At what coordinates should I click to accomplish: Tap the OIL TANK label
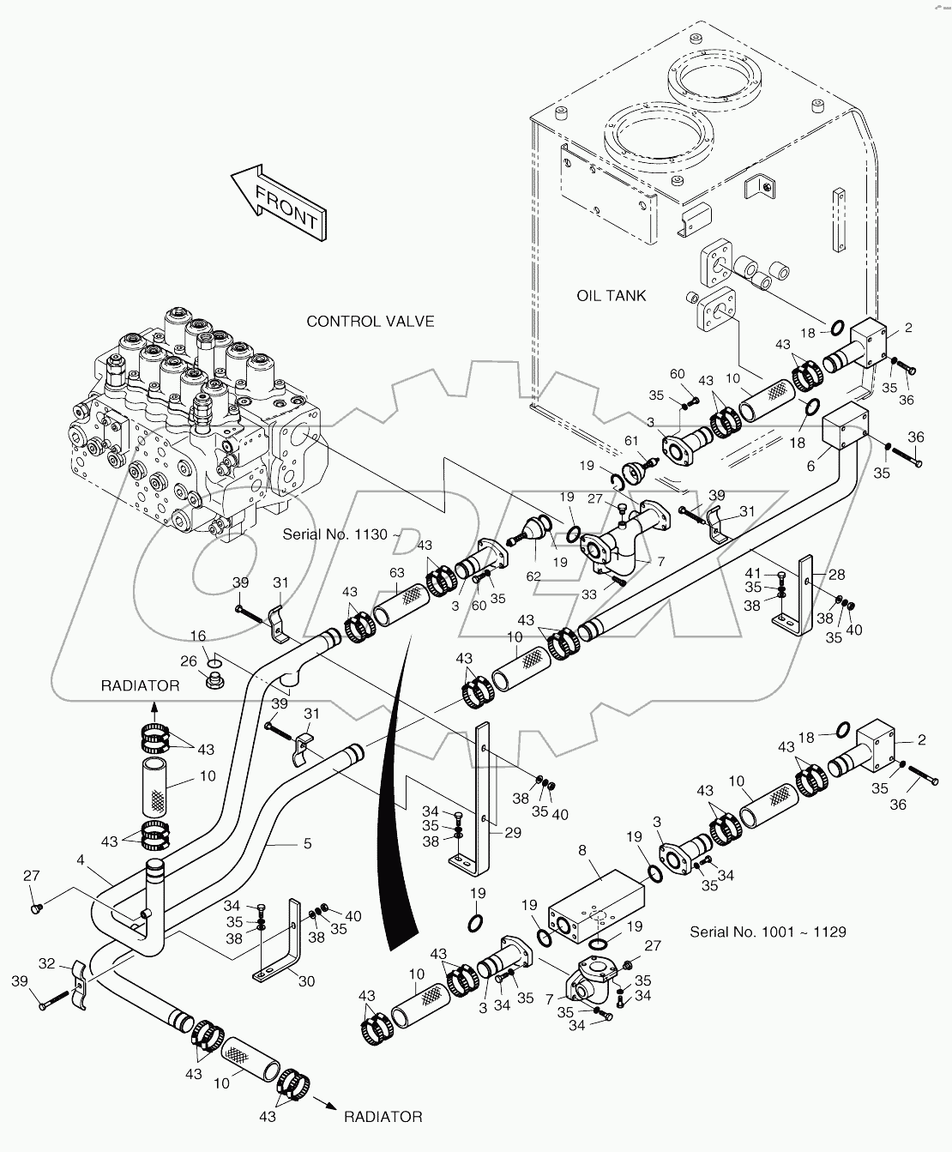point(611,295)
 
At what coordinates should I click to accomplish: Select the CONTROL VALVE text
point(371,322)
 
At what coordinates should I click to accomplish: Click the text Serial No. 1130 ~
point(339,534)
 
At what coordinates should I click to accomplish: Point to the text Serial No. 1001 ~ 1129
point(768,932)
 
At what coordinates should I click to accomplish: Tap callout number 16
point(198,636)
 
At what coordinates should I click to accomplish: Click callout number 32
point(47,962)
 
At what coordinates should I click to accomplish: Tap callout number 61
point(631,440)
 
